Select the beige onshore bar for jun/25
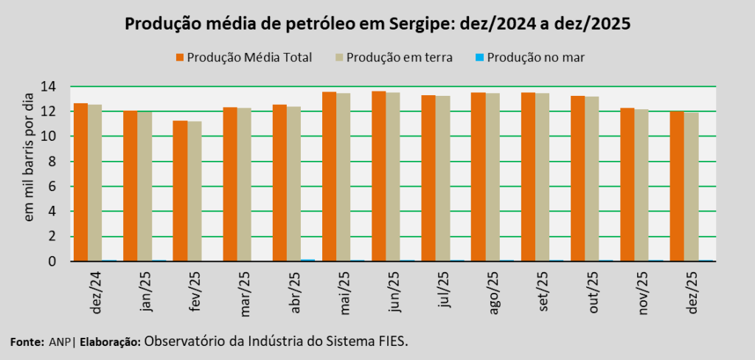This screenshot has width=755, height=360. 392,176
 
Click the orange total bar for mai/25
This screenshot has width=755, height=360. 329,176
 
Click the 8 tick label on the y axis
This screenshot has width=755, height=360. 53,162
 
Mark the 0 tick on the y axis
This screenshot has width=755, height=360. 53,261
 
